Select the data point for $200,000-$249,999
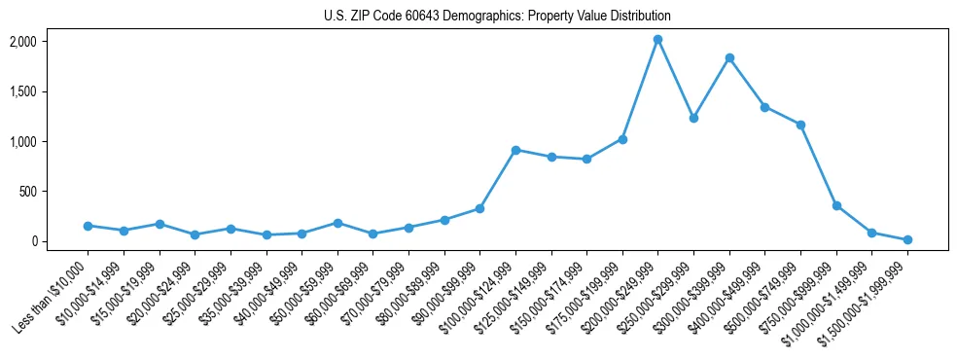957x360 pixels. click(657, 39)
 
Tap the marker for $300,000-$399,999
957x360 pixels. click(729, 57)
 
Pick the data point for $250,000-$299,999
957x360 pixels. click(693, 118)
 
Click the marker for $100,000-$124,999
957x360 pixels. click(515, 150)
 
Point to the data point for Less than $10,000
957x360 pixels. click(88, 226)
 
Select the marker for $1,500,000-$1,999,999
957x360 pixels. click(907, 239)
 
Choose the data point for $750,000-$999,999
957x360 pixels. click(836, 205)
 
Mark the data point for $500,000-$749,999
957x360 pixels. click(800, 125)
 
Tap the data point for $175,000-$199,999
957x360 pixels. click(622, 139)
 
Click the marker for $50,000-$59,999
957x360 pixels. click(337, 223)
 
